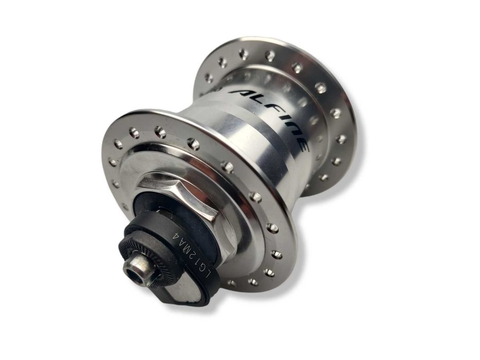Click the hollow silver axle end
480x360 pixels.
138,267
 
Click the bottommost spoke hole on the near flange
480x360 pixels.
253,282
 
